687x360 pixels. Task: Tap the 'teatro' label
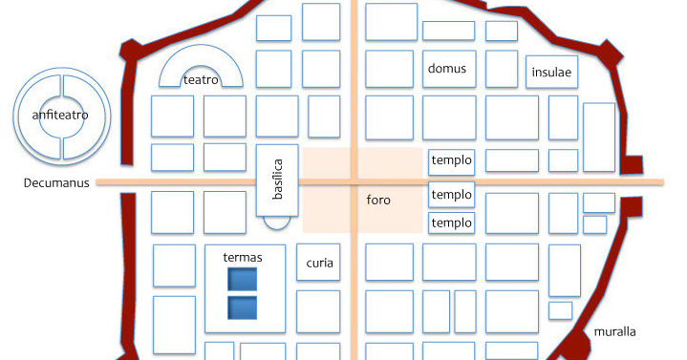(x=202, y=81)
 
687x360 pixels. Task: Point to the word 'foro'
(x=378, y=201)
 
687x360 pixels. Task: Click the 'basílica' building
(x=278, y=180)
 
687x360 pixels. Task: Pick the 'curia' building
(x=319, y=263)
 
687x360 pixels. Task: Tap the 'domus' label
(x=446, y=69)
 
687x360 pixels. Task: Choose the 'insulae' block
(x=552, y=73)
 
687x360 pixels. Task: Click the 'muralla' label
(x=614, y=332)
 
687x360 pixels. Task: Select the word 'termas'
(x=242, y=257)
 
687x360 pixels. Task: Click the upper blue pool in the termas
(x=242, y=279)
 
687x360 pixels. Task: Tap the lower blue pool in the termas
(x=242, y=308)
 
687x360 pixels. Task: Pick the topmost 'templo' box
(x=451, y=160)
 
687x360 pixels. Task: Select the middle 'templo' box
(x=451, y=195)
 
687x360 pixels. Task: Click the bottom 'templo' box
(x=451, y=223)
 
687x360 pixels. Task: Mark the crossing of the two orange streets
(x=354, y=181)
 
